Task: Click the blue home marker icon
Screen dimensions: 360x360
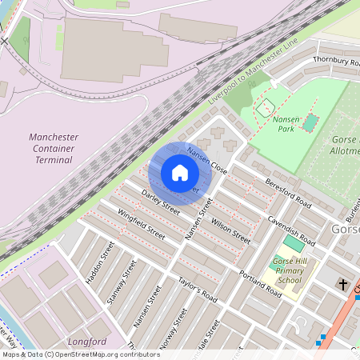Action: pyautogui.click(x=180, y=173)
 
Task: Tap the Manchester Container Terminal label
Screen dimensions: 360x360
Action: pyautogui.click(x=50, y=148)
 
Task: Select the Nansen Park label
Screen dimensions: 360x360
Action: pyautogui.click(x=286, y=123)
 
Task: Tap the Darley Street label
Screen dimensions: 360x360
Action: pyautogui.click(x=161, y=202)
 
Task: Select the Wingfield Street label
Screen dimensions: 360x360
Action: pyautogui.click(x=141, y=225)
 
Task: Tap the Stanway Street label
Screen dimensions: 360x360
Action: pyautogui.click(x=118, y=283)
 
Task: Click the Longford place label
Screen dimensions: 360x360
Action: pyautogui.click(x=87, y=342)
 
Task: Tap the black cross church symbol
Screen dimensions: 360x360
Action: pyautogui.click(x=343, y=285)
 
